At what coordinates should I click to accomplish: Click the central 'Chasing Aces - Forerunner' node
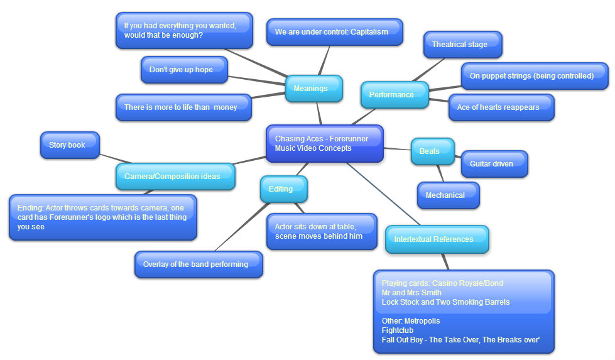324,143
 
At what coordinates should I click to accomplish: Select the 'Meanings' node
313,89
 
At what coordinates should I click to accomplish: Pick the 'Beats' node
432,151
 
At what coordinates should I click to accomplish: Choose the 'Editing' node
283,189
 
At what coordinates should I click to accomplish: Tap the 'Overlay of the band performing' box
198,265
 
